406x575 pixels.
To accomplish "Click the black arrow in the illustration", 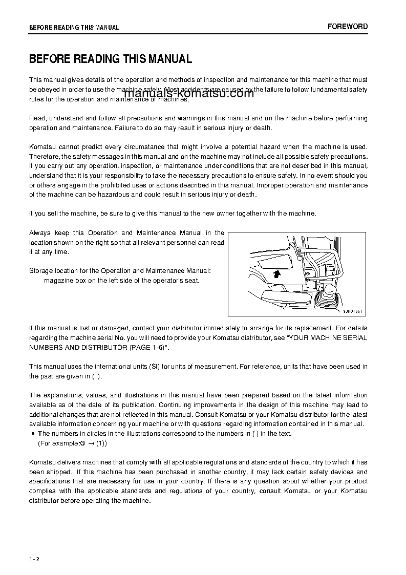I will click(277, 274).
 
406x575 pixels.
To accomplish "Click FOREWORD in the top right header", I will click(348, 27).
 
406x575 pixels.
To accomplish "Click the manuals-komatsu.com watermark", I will click(188, 94).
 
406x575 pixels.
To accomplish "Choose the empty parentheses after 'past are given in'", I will click(97, 376).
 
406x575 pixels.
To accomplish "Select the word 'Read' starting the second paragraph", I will click(37, 118).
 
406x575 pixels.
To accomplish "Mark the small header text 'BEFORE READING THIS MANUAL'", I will click(74, 28).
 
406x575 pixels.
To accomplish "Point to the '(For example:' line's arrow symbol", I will click(90, 443).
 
